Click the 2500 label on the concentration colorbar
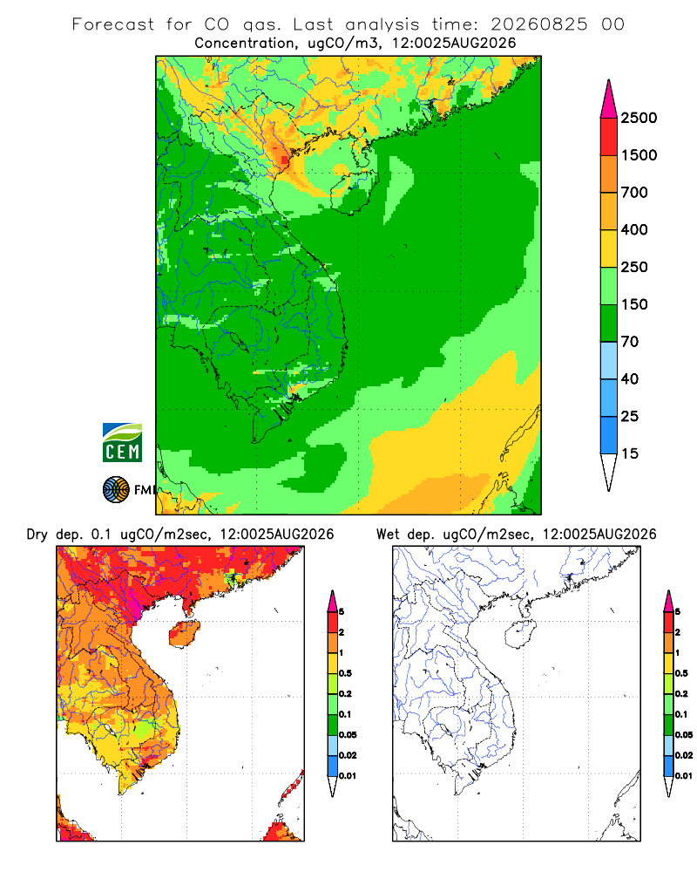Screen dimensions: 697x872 click(639, 118)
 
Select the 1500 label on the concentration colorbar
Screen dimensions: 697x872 click(639, 155)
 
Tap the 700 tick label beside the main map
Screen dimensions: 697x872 click(634, 193)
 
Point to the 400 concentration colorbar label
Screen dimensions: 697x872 click(634, 229)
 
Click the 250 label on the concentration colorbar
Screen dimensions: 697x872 click(634, 267)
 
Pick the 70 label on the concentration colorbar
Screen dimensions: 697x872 click(630, 342)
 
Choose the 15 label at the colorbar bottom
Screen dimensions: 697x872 click(630, 453)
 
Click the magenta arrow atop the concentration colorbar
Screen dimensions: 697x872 click(609, 100)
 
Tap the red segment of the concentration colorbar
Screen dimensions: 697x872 click(609, 137)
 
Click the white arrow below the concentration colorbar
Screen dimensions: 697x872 click(609, 470)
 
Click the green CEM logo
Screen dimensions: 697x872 click(122, 443)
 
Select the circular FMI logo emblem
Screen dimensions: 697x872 click(116, 489)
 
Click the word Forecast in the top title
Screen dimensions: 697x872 click(113, 24)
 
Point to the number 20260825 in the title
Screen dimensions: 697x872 click(538, 24)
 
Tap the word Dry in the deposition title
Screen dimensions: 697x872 click(37, 535)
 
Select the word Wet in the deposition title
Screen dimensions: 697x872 click(388, 535)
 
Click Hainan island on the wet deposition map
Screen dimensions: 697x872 click(521, 634)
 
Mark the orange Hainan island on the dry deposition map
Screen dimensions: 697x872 click(184, 634)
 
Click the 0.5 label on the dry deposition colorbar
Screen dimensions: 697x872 click(345, 673)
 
